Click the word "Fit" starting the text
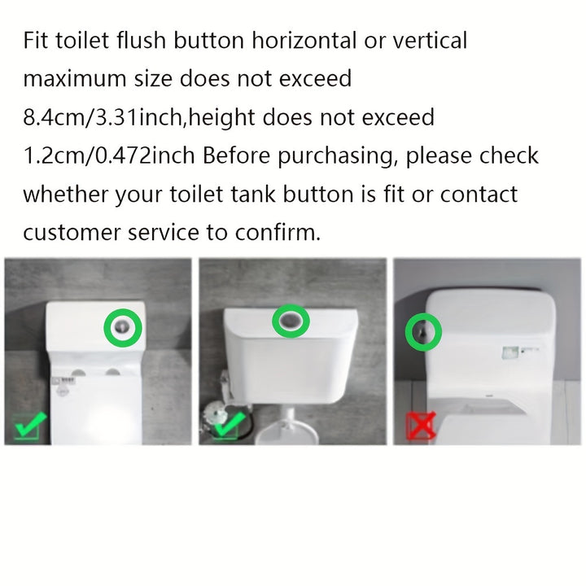click(x=36, y=40)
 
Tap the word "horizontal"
click(x=304, y=40)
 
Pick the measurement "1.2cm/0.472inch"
click(x=109, y=155)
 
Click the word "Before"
click(x=236, y=155)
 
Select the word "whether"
click(x=65, y=195)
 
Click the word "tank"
click(x=252, y=195)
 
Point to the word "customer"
click(x=72, y=233)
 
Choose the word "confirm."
click(x=278, y=233)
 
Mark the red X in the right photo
click(x=422, y=426)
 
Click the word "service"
click(x=164, y=233)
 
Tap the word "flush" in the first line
click(x=141, y=40)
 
